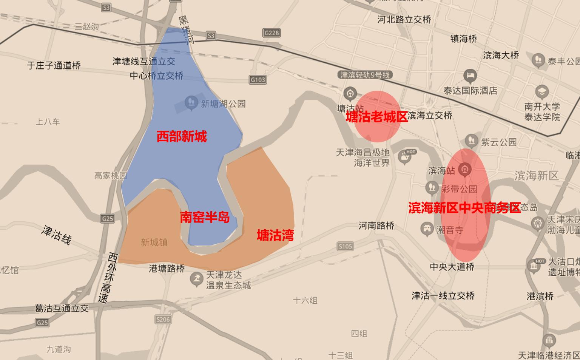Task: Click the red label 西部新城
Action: [182, 136]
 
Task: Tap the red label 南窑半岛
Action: [205, 217]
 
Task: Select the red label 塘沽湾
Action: [275, 235]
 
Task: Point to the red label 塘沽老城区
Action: [377, 117]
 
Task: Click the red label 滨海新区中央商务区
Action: [464, 208]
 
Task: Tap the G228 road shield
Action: [272, 33]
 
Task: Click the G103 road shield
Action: [258, 80]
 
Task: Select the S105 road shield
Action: [345, 246]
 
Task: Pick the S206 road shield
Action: [163, 320]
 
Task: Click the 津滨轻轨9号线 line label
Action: [364, 75]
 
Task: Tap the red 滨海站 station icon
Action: [465, 170]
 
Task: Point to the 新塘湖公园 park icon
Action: [191, 102]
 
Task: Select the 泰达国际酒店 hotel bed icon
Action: [470, 76]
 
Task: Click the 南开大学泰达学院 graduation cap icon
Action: [541, 91]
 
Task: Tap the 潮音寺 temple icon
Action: [427, 229]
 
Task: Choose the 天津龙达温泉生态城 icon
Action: [196, 280]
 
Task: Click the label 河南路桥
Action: [376, 226]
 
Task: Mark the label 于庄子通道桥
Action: [54, 65]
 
